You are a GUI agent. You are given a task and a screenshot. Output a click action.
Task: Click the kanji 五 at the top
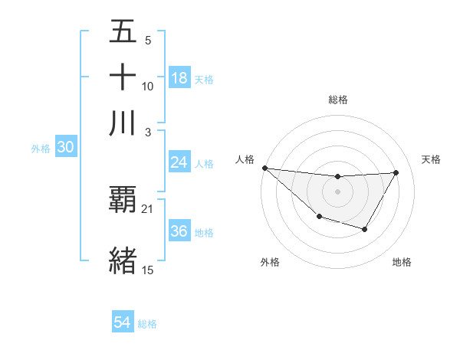[123, 33]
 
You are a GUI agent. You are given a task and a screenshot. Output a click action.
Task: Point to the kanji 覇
[123, 200]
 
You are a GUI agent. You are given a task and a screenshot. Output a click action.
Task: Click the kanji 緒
[123, 260]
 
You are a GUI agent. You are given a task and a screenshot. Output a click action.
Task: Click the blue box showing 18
[179, 78]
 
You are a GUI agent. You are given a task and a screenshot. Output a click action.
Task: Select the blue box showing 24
[179, 162]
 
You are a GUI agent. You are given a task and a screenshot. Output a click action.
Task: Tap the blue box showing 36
[179, 232]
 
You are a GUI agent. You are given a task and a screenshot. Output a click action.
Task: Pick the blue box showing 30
[64, 148]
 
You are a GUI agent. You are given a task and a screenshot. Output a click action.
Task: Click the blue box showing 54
[122, 323]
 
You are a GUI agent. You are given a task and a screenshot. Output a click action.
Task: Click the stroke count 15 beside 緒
[148, 269]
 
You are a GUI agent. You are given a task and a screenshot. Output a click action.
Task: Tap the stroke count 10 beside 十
[148, 87]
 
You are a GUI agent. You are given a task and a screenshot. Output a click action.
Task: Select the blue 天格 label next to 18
[204, 80]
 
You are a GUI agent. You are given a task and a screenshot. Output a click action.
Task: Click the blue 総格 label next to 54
[147, 325]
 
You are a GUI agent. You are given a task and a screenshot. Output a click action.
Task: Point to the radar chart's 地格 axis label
[402, 262]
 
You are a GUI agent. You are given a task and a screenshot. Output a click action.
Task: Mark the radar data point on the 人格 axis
[264, 168]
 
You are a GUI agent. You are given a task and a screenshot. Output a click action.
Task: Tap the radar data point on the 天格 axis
[396, 172]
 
